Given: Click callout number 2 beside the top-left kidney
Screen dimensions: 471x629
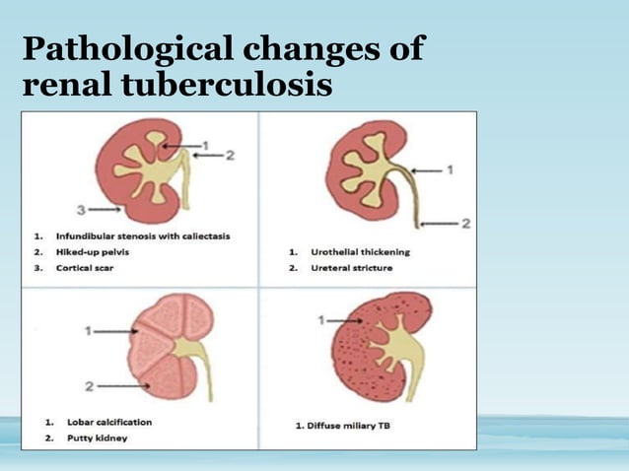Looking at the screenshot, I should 231,154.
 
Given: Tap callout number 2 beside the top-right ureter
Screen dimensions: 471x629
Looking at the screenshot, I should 464,225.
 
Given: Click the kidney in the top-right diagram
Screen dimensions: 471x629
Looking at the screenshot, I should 360,177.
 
